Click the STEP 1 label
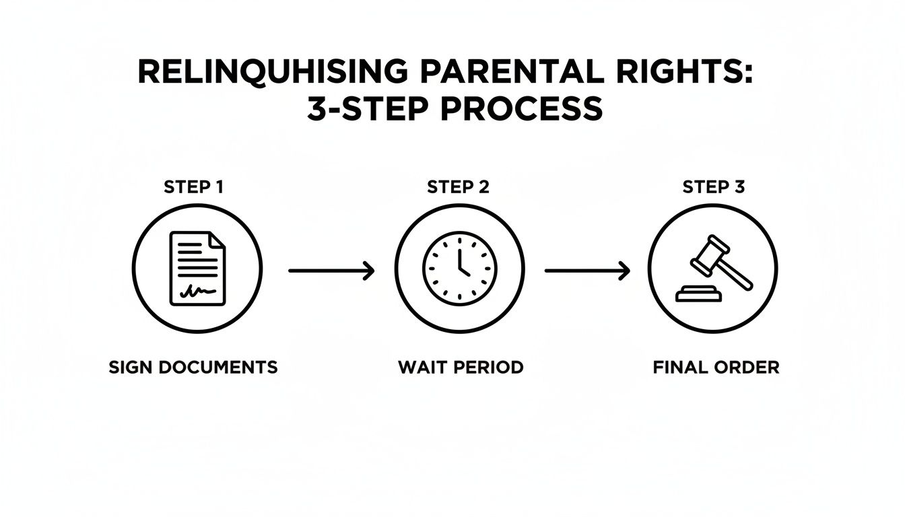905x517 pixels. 193,187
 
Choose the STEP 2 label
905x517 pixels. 458,187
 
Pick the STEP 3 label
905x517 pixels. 714,187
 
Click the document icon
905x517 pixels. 197,268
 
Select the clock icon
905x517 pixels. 459,268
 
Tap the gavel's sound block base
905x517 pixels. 698,295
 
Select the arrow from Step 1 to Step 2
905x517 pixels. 331,271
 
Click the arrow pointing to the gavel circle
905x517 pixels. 587,271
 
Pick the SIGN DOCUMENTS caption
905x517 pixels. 193,368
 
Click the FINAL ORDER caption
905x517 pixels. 716,368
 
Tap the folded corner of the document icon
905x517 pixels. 217,240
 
